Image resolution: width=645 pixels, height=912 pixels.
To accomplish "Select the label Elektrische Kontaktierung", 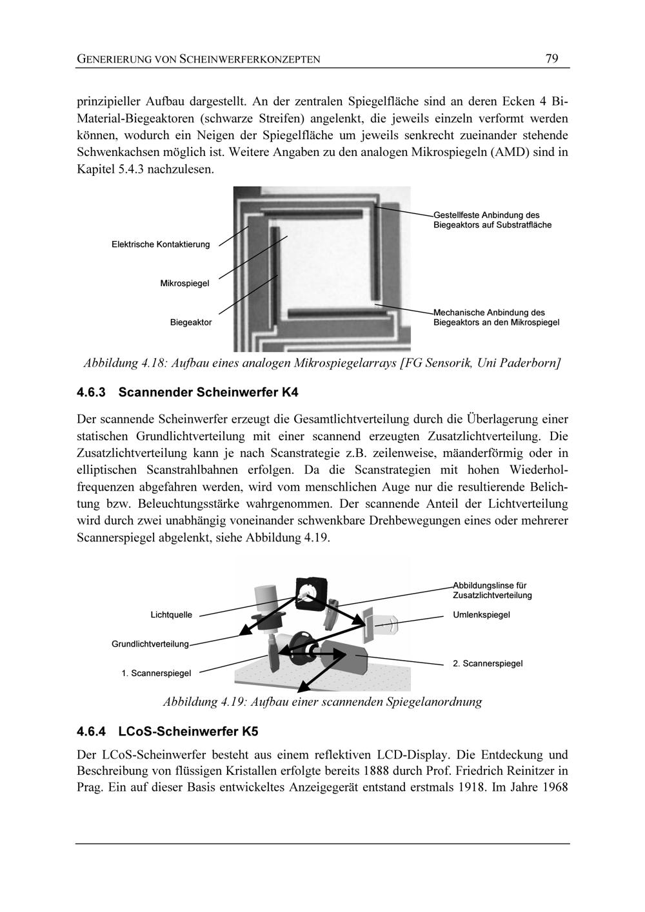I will (x=161, y=244).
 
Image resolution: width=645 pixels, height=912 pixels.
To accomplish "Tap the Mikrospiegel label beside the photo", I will (x=184, y=284).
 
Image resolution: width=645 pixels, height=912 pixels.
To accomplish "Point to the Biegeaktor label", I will (x=191, y=322).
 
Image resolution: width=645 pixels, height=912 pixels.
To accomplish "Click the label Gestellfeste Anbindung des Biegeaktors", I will (x=492, y=220).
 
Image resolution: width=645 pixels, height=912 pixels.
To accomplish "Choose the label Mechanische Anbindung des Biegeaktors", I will (x=496, y=316).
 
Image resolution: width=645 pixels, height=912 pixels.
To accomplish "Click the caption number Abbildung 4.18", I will (x=126, y=364).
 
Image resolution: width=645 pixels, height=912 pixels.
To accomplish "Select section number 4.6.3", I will (x=91, y=392).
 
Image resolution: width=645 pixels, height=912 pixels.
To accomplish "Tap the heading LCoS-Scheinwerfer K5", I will (x=188, y=732).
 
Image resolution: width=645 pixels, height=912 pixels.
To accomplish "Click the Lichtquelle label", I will (x=172, y=615).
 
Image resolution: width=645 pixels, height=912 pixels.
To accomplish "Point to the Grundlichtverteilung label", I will (x=150, y=644).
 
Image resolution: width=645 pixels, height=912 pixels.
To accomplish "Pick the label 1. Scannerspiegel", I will (x=156, y=673).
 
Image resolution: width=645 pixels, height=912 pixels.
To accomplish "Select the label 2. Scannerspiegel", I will (x=488, y=663).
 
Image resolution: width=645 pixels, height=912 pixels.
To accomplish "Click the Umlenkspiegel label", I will (x=481, y=615).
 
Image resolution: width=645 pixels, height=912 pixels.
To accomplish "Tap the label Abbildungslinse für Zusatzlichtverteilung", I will (x=492, y=590).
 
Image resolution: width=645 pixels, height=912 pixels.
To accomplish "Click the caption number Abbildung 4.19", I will (x=205, y=701).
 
